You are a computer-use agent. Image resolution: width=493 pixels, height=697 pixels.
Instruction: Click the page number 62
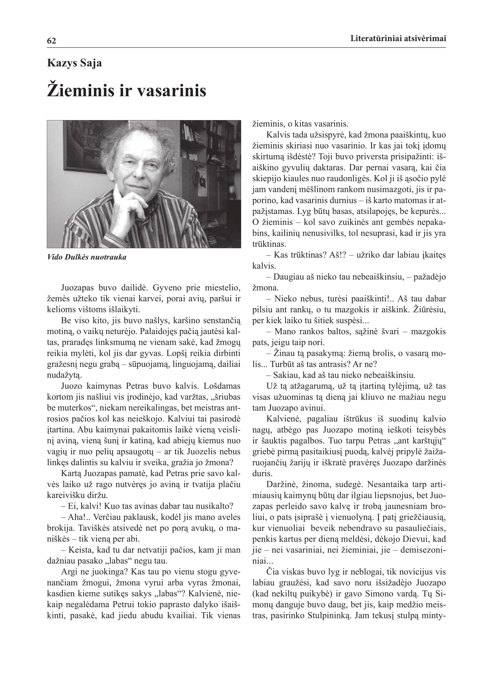51,41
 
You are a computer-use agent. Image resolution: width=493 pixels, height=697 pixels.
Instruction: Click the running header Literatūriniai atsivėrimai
398,38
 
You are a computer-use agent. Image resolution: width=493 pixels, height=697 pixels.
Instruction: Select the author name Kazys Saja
75,63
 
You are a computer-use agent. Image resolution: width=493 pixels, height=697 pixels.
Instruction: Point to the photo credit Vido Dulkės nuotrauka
87,257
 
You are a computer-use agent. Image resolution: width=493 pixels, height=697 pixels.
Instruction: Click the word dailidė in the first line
134,288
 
